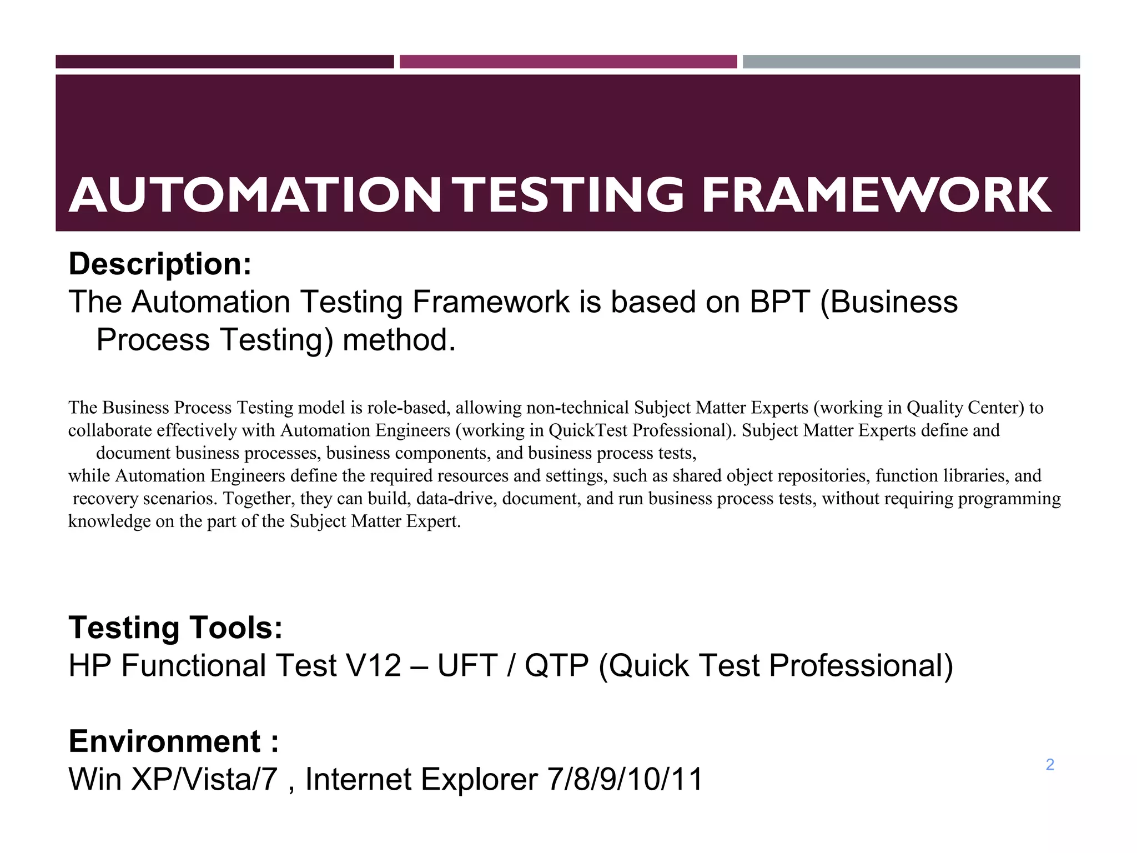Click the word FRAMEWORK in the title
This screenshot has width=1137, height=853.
876,195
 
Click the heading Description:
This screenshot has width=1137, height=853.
160,264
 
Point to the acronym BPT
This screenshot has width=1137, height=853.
779,302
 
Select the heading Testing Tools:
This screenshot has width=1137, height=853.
175,628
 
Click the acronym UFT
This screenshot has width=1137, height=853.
467,666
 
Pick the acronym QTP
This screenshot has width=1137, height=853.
556,666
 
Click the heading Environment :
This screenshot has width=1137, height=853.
173,741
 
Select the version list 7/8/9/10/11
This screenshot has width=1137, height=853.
625,779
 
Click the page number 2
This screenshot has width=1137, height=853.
1050,765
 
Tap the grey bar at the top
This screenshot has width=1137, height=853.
911,62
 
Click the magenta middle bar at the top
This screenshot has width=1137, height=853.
568,62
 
